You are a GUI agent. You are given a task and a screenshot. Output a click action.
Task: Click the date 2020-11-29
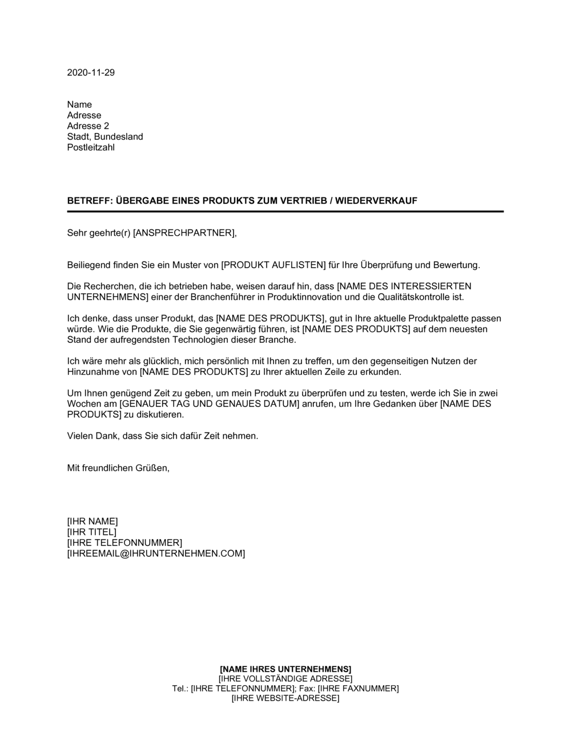point(91,72)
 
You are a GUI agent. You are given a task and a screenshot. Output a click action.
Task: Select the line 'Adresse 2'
point(88,126)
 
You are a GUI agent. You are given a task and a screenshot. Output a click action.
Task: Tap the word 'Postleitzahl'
point(91,148)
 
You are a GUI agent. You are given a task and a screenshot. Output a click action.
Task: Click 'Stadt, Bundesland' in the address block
point(105,137)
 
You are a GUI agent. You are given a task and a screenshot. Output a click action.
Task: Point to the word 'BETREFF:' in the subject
point(90,201)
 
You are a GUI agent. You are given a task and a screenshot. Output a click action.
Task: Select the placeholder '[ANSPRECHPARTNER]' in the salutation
point(183,233)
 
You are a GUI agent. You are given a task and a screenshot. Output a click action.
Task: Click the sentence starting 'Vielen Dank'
point(163,436)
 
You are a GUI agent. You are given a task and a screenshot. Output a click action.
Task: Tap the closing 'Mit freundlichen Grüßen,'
point(118,468)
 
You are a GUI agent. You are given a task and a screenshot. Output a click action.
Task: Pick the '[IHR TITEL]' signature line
point(91,532)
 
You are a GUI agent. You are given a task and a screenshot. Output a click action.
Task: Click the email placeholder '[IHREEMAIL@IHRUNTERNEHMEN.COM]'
point(156,553)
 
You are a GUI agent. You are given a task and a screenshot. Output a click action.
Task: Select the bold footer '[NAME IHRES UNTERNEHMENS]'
point(285,669)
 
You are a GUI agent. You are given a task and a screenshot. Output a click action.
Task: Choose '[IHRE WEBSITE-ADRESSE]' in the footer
point(285,698)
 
